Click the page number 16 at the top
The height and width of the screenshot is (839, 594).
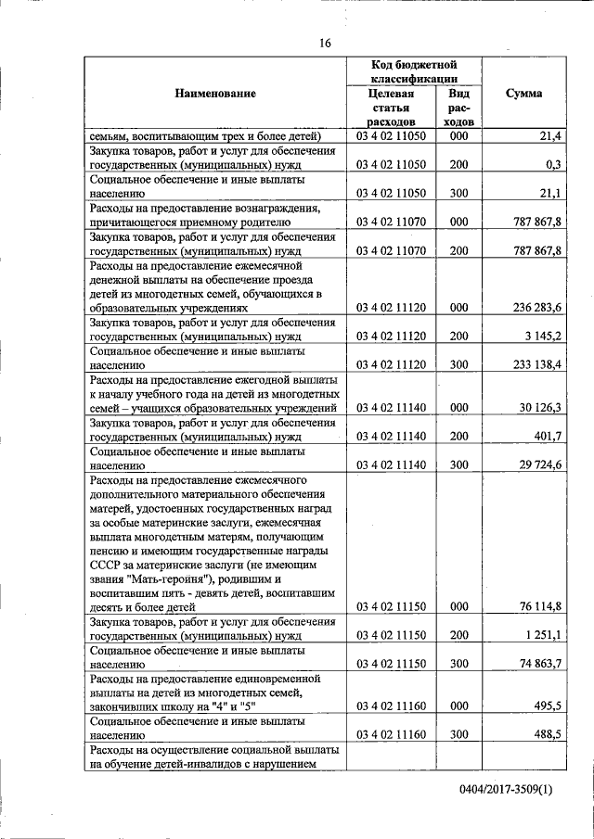[x=325, y=44]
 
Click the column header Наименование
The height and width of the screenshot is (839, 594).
[x=214, y=93]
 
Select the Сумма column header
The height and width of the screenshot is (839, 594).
[x=524, y=93]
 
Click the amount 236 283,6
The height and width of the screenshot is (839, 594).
[x=536, y=308]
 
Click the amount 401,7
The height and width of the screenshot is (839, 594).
[x=548, y=436]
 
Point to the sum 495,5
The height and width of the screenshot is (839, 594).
[x=548, y=706]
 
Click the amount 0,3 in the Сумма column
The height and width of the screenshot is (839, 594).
[x=554, y=164]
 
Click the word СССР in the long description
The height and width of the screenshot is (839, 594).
[x=107, y=565]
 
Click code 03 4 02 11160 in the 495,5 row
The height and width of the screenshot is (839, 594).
[x=391, y=706]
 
